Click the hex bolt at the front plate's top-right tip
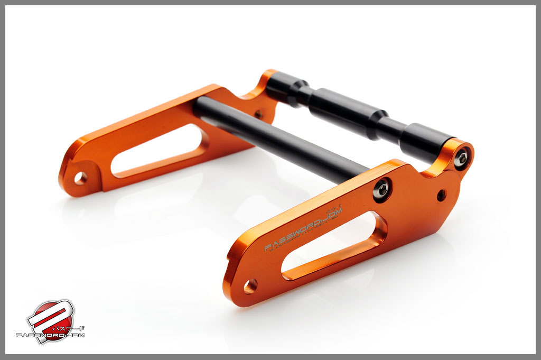463,158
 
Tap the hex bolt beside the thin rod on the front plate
382,189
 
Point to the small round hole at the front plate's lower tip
250,286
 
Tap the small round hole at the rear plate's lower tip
80,178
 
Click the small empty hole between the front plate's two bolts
441,195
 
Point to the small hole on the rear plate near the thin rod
258,114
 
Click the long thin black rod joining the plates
280,140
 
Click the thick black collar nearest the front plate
425,140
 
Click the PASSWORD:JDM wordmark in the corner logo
50,335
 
